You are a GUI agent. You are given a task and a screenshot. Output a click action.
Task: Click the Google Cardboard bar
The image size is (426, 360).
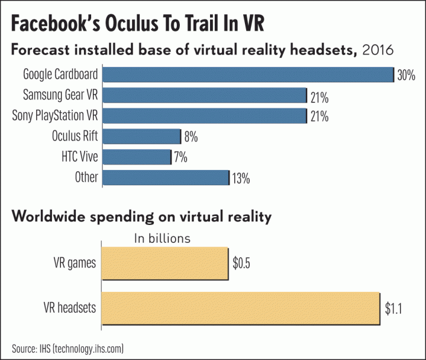[x=248, y=75]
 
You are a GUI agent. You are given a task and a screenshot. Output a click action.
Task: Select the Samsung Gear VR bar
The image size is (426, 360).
[x=205, y=95]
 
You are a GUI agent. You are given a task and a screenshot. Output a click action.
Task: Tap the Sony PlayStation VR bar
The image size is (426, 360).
[x=205, y=115]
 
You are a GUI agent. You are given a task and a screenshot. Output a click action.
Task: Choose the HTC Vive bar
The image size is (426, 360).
[x=137, y=157]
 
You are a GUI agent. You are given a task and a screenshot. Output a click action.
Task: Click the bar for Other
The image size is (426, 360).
[x=166, y=177]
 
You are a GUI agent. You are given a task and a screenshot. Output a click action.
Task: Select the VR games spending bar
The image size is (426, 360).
[x=166, y=263]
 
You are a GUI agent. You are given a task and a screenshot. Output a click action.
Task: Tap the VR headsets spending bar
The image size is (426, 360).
[x=241, y=308]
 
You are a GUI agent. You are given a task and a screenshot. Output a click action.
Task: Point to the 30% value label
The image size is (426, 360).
[x=406, y=75]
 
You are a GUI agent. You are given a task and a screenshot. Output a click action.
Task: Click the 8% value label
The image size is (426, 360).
[x=191, y=137]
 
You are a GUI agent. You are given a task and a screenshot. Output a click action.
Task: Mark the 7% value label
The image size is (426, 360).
[x=180, y=157]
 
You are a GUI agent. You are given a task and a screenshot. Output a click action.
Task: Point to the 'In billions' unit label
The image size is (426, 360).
[x=162, y=239]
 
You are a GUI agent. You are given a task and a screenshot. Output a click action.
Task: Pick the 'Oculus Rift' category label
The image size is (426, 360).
[x=75, y=136]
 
